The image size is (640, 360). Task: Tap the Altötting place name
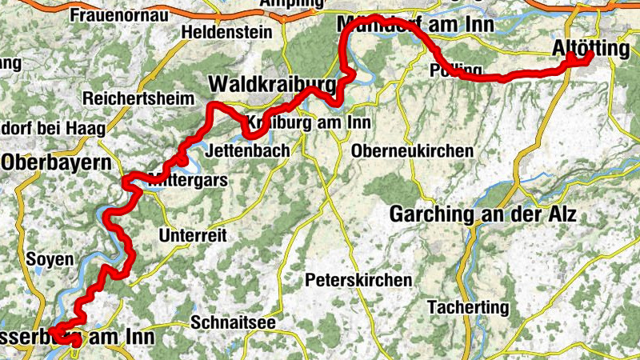click(x=591, y=50)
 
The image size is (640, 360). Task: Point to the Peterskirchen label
click(x=358, y=281)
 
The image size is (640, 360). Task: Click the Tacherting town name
click(x=468, y=307)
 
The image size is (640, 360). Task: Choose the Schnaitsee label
click(x=234, y=322)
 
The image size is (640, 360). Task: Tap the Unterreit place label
click(x=193, y=236)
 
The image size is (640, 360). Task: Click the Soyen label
click(x=50, y=259)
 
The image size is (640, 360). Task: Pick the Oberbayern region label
click(x=56, y=162)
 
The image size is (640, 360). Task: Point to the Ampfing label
click(x=290, y=4)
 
